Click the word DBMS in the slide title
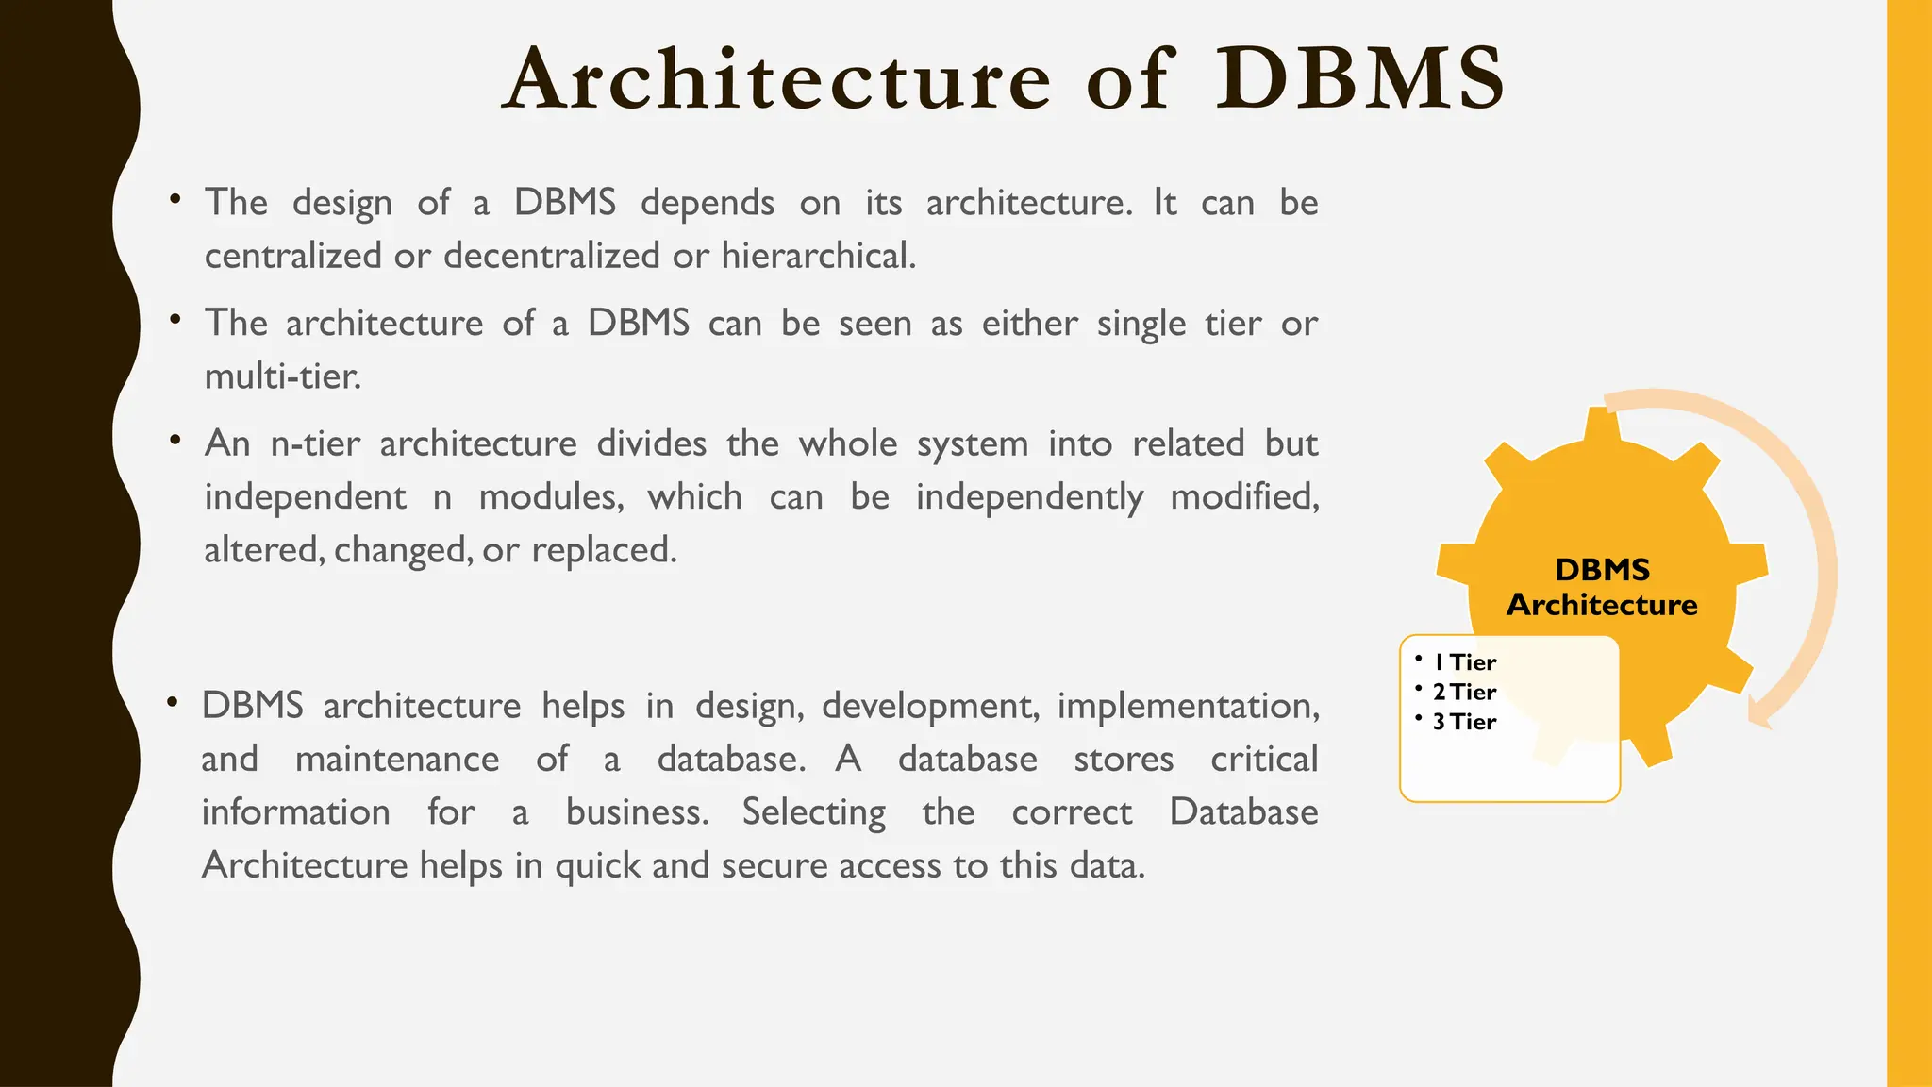(x=1358, y=79)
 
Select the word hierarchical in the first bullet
(x=818, y=256)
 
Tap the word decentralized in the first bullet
(x=552, y=256)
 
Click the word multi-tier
(x=282, y=376)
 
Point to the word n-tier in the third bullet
(x=315, y=443)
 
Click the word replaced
(x=604, y=550)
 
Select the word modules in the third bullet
(x=551, y=497)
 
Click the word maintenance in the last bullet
(x=397, y=760)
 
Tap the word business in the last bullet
(x=637, y=812)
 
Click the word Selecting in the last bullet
(x=813, y=812)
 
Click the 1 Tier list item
(x=1464, y=662)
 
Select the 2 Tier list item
(x=1464, y=692)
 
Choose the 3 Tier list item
(x=1464, y=722)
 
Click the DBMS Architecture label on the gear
(x=1602, y=587)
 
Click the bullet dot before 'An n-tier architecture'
(x=175, y=441)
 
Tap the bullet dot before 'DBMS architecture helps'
(x=172, y=703)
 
